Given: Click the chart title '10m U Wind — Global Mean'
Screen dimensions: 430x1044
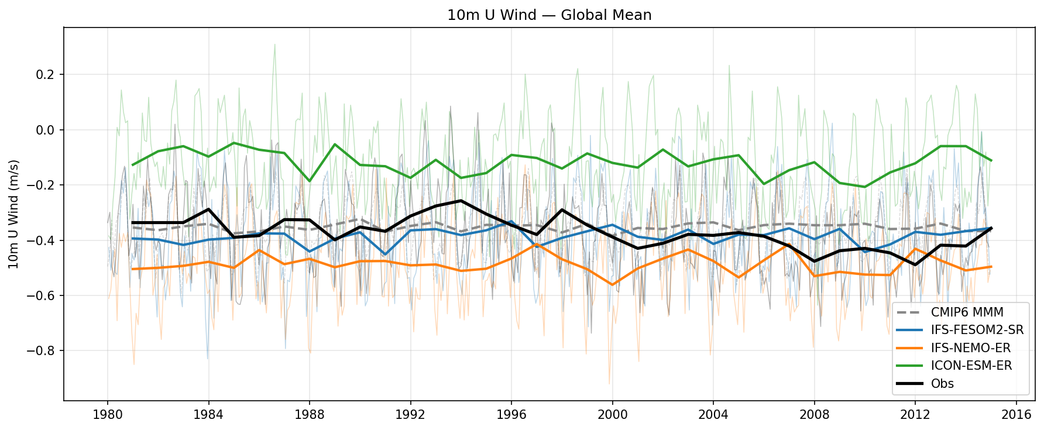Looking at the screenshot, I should (x=549, y=15).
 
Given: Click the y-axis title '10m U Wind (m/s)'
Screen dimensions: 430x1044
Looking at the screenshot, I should (x=14, y=214).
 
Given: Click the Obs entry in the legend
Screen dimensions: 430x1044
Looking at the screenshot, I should (x=942, y=384).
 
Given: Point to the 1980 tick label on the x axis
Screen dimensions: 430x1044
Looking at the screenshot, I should (x=107, y=415).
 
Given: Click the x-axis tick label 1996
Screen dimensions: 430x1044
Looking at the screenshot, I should (x=511, y=415).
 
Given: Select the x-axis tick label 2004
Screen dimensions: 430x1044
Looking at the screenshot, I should (x=713, y=415).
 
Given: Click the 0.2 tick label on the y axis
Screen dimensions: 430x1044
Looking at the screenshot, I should (x=46, y=74).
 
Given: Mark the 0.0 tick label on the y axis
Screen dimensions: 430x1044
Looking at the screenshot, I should (x=46, y=130).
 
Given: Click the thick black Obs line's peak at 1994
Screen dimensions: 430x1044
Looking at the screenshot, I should (x=461, y=201).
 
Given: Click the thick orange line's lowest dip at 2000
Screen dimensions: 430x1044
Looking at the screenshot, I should (x=612, y=285).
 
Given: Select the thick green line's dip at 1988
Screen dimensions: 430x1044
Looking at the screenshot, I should (x=310, y=181).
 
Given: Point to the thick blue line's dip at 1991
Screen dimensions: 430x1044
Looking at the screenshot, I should (x=385, y=254).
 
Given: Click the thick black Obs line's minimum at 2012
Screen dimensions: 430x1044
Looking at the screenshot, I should (x=915, y=265).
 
